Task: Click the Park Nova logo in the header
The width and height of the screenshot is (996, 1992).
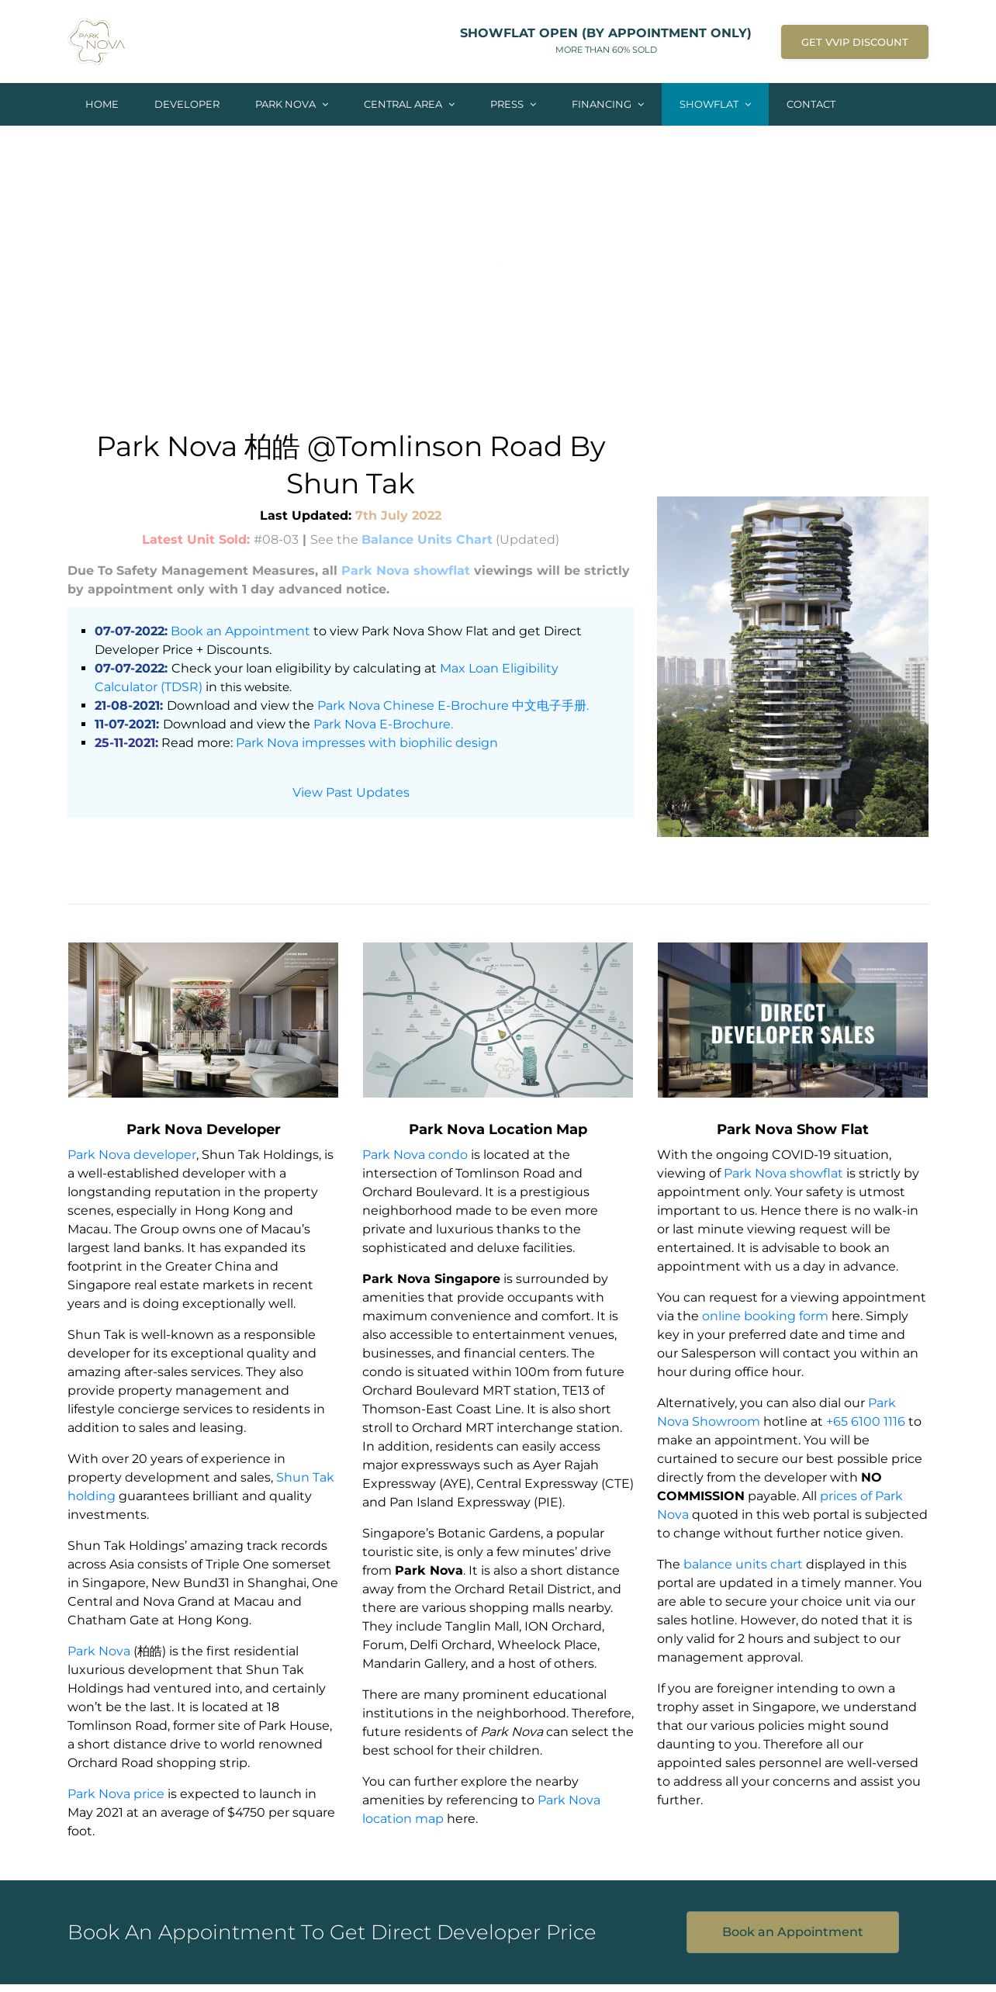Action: (97, 42)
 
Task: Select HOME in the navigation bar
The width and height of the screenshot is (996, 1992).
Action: (102, 104)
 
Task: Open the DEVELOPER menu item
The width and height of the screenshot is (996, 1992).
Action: (187, 104)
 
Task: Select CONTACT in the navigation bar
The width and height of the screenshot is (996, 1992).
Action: (811, 104)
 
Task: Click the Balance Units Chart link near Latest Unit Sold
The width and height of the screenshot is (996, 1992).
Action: (427, 539)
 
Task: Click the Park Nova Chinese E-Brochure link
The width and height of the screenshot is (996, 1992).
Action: (453, 706)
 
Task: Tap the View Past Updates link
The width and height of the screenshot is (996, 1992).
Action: (351, 792)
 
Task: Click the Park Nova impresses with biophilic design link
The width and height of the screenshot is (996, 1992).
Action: (366, 743)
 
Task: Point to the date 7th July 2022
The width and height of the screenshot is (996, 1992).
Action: (398, 515)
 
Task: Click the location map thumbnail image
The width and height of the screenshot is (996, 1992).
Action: (498, 1019)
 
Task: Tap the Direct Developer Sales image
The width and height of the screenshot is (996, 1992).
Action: (792, 1019)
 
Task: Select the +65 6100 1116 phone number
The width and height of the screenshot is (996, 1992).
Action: (865, 1421)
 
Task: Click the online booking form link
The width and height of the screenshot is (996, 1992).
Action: (765, 1316)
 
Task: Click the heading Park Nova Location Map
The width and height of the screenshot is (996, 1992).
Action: (498, 1129)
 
